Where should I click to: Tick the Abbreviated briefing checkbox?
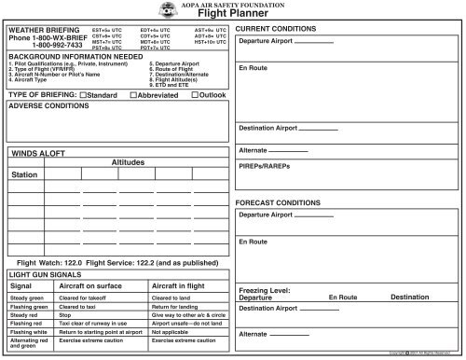tap(133, 95)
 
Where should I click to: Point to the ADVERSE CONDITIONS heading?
tap(48, 106)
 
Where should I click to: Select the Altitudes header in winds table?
tap(130, 162)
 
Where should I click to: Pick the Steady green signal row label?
tap(28, 298)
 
